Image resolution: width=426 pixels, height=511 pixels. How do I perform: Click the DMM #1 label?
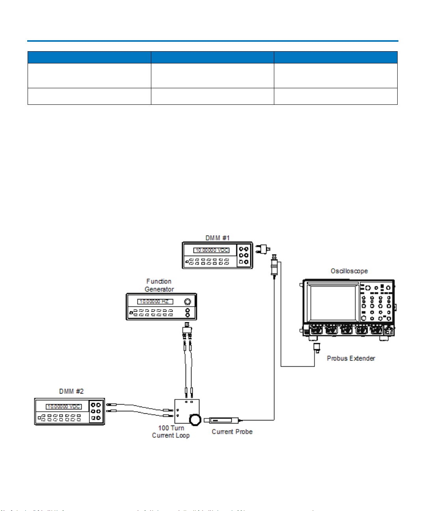point(217,238)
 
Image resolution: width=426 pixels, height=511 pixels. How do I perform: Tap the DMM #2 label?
point(71,391)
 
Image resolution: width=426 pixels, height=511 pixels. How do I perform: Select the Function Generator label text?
point(159,285)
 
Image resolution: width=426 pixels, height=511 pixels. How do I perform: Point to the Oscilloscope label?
point(349,271)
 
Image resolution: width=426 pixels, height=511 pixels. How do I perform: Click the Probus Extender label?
point(351,358)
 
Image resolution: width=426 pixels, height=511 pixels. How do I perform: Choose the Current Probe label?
point(232,431)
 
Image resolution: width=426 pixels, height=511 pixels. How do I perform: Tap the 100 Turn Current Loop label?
point(171,431)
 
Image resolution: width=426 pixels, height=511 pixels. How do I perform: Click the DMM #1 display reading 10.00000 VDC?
point(212,250)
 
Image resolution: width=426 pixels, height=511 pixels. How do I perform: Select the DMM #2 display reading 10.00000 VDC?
point(64,407)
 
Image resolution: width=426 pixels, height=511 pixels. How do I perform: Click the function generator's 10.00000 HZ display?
point(155,301)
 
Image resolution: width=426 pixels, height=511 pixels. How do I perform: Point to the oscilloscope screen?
point(333,303)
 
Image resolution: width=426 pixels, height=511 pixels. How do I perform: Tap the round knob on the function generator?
point(188,301)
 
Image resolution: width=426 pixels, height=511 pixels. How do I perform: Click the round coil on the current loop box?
point(195,420)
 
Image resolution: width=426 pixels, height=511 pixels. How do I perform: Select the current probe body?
point(221,420)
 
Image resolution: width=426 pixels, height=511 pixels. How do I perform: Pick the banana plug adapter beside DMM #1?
point(262,249)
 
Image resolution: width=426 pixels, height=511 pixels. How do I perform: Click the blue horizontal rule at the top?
point(213,41)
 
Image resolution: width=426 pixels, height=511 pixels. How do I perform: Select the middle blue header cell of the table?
point(212,58)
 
